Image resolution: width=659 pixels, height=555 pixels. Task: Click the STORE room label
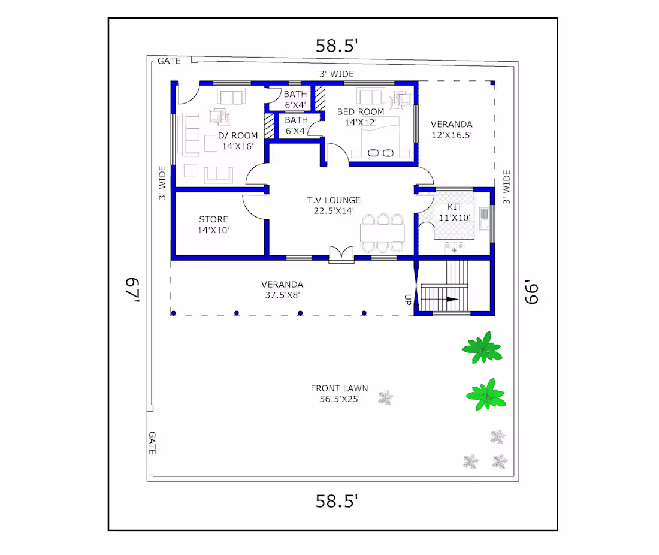pos(213,219)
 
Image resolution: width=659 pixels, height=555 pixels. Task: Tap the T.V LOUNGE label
pos(334,200)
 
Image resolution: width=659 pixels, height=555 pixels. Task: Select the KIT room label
pos(455,207)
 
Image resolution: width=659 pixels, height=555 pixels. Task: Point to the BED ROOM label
pos(361,112)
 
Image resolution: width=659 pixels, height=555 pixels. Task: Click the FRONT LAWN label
pos(339,388)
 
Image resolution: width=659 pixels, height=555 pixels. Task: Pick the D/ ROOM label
pos(237,135)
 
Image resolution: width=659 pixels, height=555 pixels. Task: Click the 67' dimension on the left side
pos(132,289)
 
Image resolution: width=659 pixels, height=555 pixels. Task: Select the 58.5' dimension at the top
pos(337,46)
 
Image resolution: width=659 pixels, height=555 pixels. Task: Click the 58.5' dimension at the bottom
pos(337,501)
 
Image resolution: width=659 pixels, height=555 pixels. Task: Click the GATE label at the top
pos(169,61)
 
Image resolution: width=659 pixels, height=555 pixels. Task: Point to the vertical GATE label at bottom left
pos(152,443)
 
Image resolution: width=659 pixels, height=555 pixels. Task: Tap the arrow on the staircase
pos(452,299)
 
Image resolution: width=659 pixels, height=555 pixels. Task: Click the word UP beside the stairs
pos(407,299)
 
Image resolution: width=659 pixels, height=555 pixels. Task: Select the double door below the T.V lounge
pos(341,254)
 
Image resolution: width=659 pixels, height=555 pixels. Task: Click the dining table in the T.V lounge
pos(382,233)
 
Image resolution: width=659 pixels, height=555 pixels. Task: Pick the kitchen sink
pos(484,218)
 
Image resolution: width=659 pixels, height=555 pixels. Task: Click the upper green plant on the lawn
pos(482,347)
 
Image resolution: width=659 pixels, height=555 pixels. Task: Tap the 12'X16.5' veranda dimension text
pos(451,135)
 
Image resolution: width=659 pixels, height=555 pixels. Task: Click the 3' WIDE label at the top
pos(337,74)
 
